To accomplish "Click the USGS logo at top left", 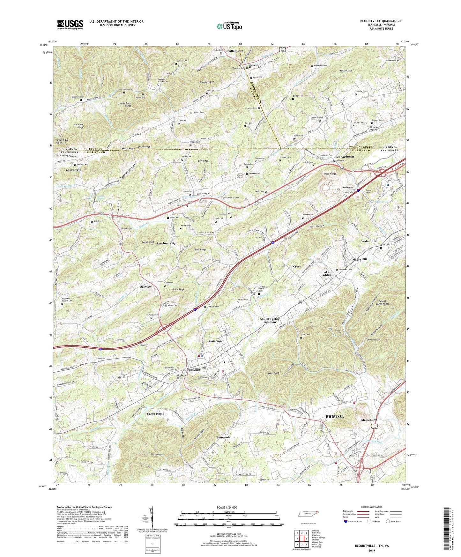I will tap(70, 24).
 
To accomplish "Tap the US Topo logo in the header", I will tap(229, 26).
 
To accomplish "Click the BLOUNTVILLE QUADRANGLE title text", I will tap(381, 21).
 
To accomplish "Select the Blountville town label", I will tap(191, 370).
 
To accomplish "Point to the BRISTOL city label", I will tap(334, 417).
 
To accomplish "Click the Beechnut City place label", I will tap(166, 243).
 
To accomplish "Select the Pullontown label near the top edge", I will tap(235, 51).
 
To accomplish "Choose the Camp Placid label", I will tap(155, 413).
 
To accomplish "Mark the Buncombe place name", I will tap(223, 437).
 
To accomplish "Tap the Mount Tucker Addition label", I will tap(270, 320).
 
